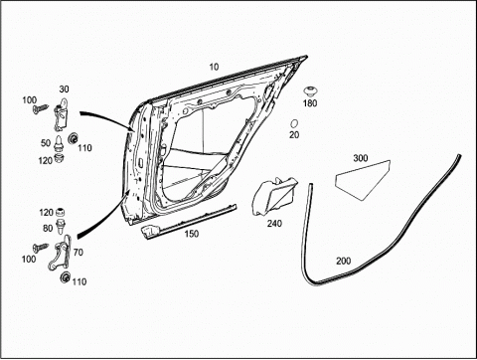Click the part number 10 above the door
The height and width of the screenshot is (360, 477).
tap(214, 67)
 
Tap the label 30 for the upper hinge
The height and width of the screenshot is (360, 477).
tap(64, 90)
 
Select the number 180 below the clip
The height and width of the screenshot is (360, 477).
tap(310, 103)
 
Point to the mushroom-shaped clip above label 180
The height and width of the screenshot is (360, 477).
tap(310, 91)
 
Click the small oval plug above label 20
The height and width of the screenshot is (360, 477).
tap(294, 123)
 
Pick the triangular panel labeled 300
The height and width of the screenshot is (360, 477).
tap(363, 180)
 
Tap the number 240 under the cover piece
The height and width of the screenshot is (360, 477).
tap(274, 224)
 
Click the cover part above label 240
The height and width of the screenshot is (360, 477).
tap(274, 196)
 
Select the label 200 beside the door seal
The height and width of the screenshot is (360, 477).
tap(344, 262)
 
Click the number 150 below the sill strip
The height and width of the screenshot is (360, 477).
tap(192, 234)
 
